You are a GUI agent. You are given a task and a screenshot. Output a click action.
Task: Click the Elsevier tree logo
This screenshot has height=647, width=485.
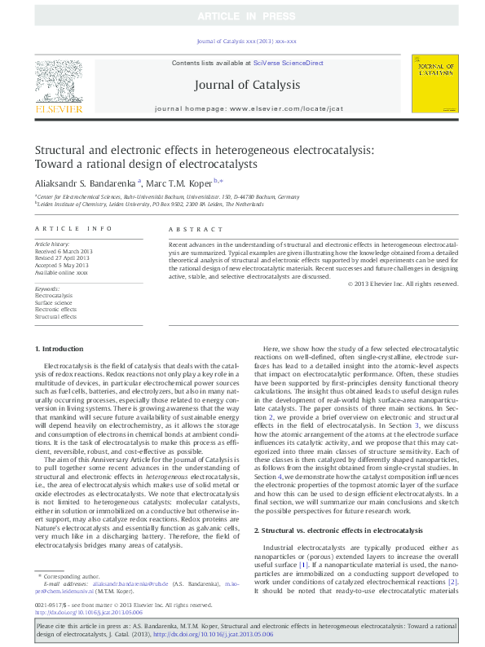point(58,82)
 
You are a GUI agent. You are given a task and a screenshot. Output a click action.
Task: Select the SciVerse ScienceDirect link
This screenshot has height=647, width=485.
point(289,63)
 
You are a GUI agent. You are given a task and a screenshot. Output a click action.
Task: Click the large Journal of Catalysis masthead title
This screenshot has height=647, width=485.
point(246,85)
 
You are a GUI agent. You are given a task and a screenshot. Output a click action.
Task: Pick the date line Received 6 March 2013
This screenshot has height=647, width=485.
point(64,250)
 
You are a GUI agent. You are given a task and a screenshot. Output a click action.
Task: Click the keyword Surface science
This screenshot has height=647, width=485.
point(54,301)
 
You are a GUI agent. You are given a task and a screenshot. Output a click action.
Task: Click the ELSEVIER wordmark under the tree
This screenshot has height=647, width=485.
point(58,108)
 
